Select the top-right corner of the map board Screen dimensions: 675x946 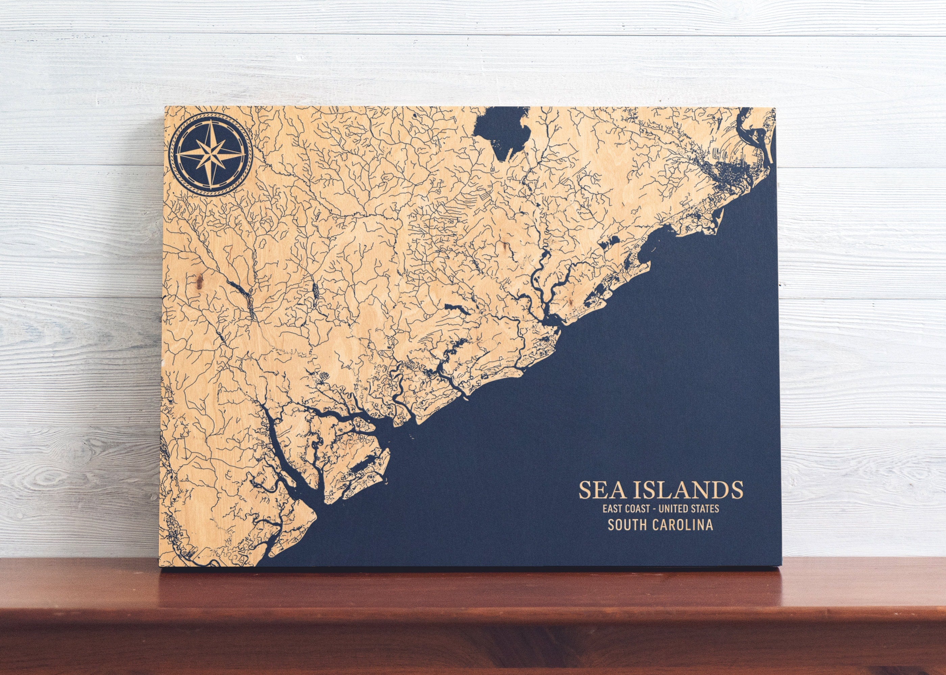pyautogui.click(x=775, y=108)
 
